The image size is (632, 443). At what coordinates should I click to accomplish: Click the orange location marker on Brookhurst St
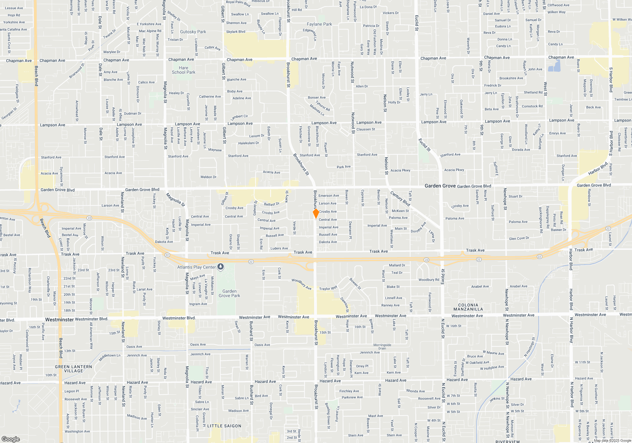click(316, 213)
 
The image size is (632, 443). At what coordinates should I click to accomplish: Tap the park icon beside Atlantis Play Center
click(221, 267)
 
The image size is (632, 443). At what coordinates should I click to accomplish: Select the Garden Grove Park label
click(229, 293)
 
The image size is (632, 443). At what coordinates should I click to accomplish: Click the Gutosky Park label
click(193, 32)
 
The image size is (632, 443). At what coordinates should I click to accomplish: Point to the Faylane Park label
click(319, 24)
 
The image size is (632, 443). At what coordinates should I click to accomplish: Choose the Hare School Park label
click(184, 70)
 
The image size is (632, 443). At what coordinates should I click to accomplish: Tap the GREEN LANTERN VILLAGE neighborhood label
click(73, 369)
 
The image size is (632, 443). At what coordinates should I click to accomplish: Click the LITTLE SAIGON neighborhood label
click(224, 426)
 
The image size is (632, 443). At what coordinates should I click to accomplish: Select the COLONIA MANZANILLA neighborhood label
click(468, 307)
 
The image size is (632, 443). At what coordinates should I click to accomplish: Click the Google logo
click(10, 439)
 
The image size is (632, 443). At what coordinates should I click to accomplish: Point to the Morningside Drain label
click(382, 346)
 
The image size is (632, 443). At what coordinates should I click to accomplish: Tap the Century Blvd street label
click(400, 198)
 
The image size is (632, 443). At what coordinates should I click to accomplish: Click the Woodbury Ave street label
click(301, 284)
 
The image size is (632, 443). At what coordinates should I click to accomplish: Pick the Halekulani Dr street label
click(248, 143)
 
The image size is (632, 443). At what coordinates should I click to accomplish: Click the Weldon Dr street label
click(208, 177)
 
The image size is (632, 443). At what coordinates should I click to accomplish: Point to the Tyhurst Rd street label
click(323, 106)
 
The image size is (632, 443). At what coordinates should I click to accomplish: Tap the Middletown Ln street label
click(110, 357)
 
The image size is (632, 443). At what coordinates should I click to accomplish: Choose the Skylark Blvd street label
click(235, 32)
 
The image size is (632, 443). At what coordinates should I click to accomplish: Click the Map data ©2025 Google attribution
click(612, 440)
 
